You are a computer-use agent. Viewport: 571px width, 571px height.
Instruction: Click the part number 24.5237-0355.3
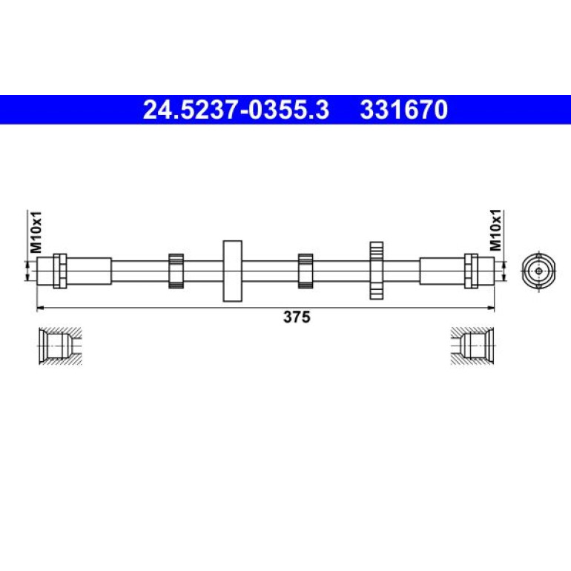click(x=236, y=110)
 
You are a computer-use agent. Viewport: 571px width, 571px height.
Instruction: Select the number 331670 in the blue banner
click(x=404, y=110)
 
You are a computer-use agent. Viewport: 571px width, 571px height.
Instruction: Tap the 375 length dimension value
click(x=297, y=317)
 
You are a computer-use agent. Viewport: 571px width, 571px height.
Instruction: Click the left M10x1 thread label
click(x=36, y=232)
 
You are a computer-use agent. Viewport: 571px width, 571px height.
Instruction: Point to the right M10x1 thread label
click(x=495, y=230)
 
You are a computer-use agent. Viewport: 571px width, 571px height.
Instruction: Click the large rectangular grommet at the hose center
click(x=232, y=271)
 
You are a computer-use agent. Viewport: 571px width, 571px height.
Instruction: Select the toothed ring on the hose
click(x=376, y=271)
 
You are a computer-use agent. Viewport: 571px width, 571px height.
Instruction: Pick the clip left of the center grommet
click(x=176, y=271)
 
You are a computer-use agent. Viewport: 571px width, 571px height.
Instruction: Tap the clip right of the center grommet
click(x=306, y=271)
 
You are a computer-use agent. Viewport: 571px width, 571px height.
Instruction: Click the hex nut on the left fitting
click(x=60, y=271)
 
